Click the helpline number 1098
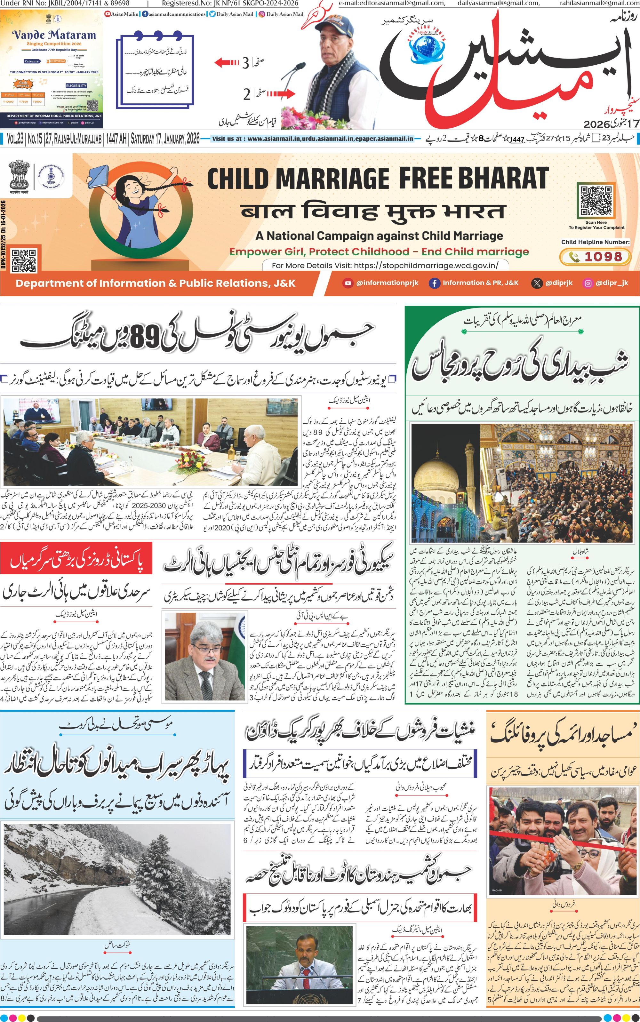[x=603, y=256]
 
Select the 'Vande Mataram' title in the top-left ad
[x=54, y=35]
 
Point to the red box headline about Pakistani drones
[x=76, y=562]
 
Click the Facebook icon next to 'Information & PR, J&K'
[x=434, y=283]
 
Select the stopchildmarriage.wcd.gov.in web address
[x=425, y=265]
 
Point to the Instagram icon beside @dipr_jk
[x=588, y=283]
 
